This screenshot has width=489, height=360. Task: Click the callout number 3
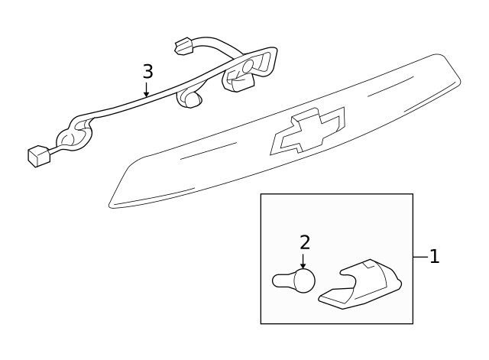(x=147, y=72)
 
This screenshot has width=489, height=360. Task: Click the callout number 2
(x=305, y=242)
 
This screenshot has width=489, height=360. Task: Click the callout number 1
(x=434, y=257)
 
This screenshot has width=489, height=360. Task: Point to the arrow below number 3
(x=147, y=90)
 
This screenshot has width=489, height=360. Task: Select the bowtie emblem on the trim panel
(x=307, y=131)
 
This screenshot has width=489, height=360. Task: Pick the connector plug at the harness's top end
(x=183, y=47)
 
